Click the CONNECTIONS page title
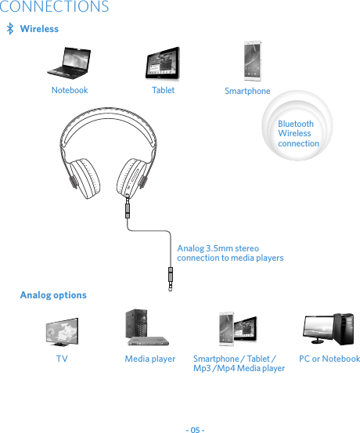pos(55,8)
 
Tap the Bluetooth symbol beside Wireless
pos(9,29)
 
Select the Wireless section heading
pos(39,29)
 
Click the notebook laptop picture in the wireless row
pos(68,63)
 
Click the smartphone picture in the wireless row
pos(252,61)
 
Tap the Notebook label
pos(70,90)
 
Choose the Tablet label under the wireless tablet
pos(163,90)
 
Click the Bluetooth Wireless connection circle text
pos(298,134)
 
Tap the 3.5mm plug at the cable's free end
pos(171,278)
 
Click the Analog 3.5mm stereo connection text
pos(230,252)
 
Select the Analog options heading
pos(53,295)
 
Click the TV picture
pos(62,331)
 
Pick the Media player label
pos(150,359)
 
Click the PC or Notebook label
pos(329,359)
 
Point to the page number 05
pos(195,428)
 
